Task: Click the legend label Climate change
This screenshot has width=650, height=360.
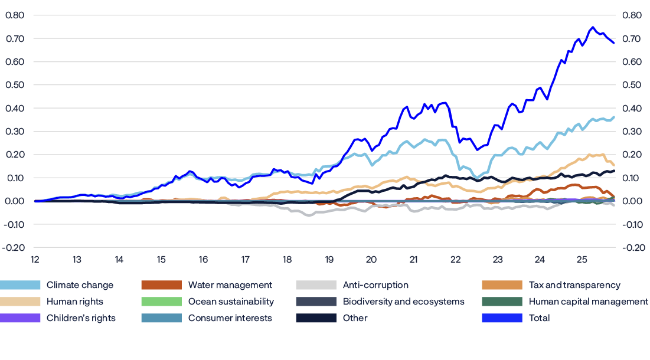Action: click(80, 285)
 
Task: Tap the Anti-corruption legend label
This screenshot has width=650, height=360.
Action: click(375, 285)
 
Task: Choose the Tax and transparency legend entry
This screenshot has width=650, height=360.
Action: click(574, 285)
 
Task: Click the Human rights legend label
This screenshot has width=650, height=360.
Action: click(74, 302)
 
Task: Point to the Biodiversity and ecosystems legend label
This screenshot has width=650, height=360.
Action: click(403, 302)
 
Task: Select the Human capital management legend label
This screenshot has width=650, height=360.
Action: click(588, 302)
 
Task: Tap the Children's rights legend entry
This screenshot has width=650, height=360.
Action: click(81, 318)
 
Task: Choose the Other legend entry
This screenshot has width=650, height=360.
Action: click(355, 318)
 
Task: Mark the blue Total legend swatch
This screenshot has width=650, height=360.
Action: click(502, 318)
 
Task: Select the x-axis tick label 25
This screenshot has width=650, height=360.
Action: click(582, 260)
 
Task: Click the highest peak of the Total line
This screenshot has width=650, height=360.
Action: click(592, 27)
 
